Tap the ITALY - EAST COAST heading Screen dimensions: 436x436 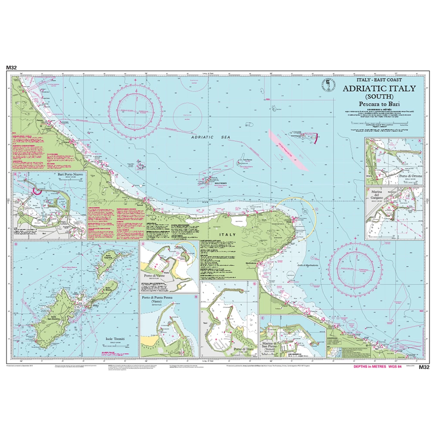(x=379, y=80)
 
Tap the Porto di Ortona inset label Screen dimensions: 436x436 (x=405, y=177)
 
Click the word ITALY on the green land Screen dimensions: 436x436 (x=229, y=235)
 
